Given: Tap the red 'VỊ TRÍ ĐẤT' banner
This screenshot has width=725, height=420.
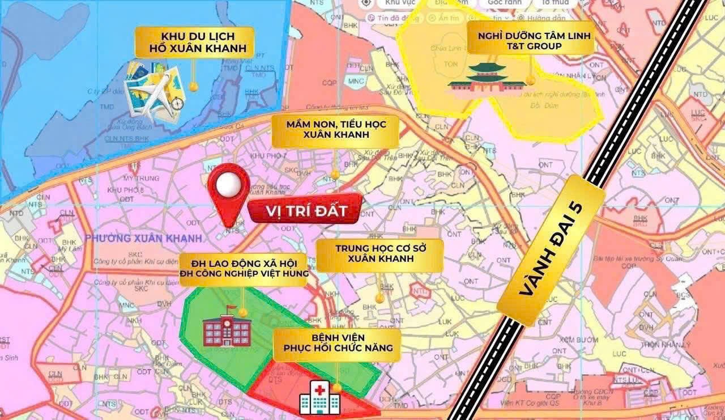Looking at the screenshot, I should [x=305, y=211].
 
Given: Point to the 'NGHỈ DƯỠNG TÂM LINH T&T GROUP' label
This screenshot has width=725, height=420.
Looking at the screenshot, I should [x=531, y=40].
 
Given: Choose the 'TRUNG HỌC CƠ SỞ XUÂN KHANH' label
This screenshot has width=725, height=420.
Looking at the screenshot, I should [x=379, y=253].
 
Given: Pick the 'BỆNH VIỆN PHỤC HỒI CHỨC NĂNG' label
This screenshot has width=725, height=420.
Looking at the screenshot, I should [x=336, y=342].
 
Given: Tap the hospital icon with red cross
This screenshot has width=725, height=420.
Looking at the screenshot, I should [x=319, y=398].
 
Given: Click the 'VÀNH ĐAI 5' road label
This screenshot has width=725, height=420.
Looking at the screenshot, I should [x=552, y=251].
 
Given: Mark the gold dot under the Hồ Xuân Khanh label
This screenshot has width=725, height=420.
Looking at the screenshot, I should [x=193, y=87].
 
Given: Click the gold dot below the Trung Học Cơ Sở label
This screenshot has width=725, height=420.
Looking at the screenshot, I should [x=379, y=297].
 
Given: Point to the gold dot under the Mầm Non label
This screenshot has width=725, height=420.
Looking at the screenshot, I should [x=335, y=174].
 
